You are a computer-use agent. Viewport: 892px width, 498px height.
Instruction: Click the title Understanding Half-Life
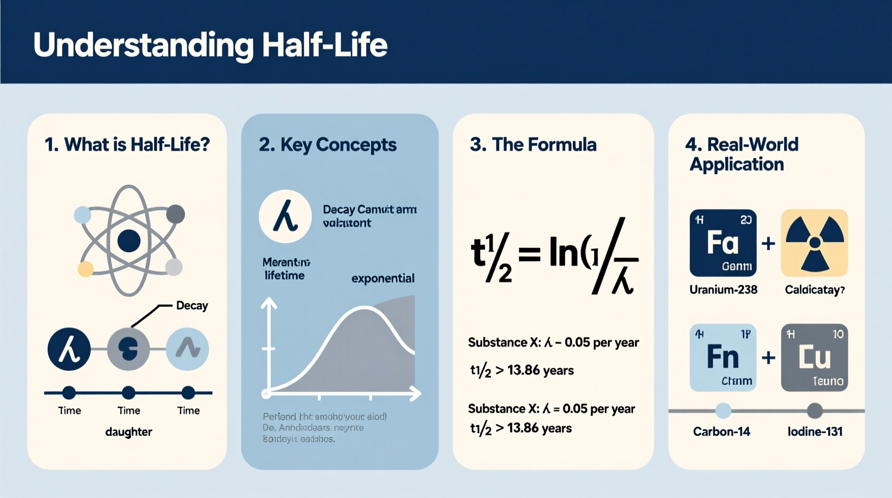point(210,45)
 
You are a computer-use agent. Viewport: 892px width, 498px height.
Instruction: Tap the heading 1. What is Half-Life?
point(127,144)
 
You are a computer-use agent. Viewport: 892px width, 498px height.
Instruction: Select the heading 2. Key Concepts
point(328,144)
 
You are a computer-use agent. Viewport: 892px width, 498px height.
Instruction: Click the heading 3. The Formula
point(533,144)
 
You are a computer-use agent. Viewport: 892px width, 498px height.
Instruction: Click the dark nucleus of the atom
point(129,241)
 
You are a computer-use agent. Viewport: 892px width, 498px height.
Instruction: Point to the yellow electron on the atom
point(85,268)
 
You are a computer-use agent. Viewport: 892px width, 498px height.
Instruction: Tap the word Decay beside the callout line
point(192,305)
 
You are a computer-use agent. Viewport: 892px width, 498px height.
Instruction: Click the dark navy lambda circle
point(69,349)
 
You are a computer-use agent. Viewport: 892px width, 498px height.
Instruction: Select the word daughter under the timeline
point(129,432)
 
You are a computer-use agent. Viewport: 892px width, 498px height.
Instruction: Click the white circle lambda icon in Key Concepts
point(285,216)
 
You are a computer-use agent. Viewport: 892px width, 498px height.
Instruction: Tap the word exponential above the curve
point(383,279)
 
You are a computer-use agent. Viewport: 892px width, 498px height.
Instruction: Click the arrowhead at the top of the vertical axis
point(269,304)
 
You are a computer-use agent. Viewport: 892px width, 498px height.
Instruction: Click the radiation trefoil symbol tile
point(814,243)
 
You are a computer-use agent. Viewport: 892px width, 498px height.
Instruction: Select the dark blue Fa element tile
point(723,243)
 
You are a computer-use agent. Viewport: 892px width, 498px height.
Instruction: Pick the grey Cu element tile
point(814,357)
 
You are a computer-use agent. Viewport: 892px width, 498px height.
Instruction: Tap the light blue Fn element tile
point(723,357)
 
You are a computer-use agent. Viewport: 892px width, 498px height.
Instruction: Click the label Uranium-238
point(723,290)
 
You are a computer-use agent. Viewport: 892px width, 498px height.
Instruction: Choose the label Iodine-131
point(815,431)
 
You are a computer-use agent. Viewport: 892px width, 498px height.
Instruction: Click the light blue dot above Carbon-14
point(723,411)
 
